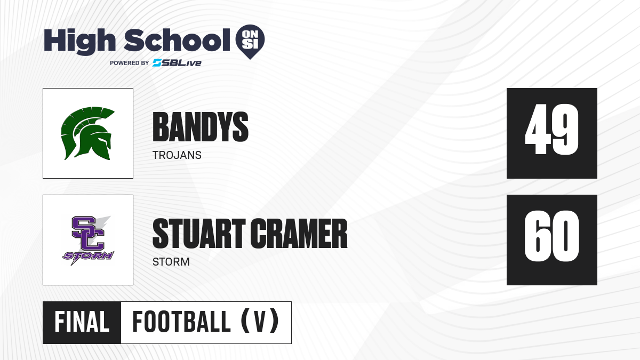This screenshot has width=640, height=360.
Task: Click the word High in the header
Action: tap(79, 41)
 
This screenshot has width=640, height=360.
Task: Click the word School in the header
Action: tap(177, 39)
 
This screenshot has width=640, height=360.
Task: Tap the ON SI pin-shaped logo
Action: tap(250, 42)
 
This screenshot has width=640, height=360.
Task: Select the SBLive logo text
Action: tap(177, 63)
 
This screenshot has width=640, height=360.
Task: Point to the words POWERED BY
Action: tap(130, 63)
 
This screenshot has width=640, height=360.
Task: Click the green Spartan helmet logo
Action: tap(87, 133)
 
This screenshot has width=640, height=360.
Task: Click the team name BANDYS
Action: tap(201, 127)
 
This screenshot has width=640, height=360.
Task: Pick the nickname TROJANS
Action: tap(177, 155)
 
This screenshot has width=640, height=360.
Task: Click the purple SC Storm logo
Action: tap(87, 241)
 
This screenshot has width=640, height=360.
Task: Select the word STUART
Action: tap(199, 234)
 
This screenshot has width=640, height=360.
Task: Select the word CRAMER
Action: tap(299, 234)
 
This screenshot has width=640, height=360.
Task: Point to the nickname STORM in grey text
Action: tap(171, 262)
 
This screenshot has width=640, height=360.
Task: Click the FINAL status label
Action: tap(82, 322)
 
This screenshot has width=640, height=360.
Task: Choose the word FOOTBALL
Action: tap(181, 322)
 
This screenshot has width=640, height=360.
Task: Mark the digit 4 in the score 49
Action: tap(537, 129)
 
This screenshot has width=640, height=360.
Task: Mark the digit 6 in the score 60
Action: tap(537, 236)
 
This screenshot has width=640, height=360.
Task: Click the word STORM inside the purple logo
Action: tap(89, 255)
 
